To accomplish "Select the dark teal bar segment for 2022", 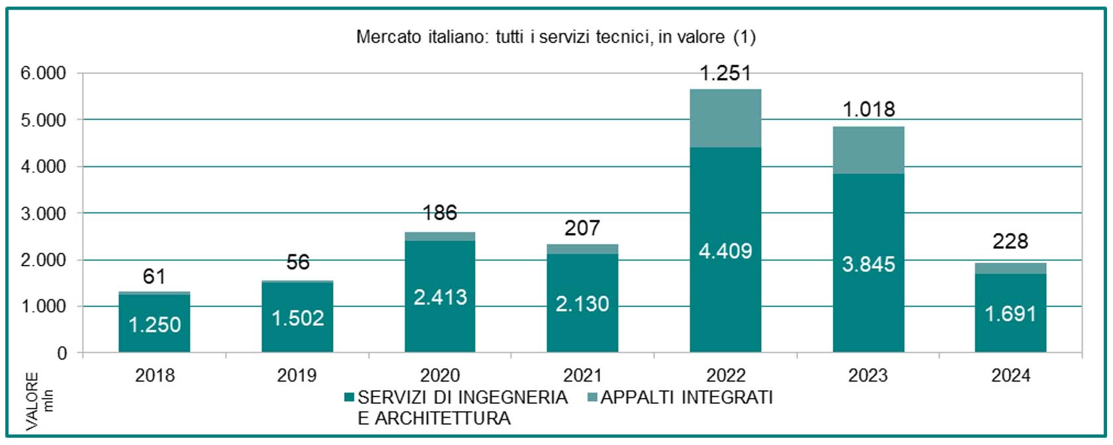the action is (x=725, y=250).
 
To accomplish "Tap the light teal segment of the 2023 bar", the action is (x=869, y=150).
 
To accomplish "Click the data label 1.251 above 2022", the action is (x=725, y=73).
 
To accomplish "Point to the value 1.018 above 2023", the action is (x=869, y=109).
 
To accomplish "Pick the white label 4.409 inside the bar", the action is (x=725, y=251).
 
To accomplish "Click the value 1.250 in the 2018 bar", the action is (x=155, y=325).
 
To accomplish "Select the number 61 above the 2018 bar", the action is (x=154, y=276).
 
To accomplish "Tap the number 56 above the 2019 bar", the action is (x=298, y=262).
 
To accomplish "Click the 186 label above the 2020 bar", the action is (x=440, y=213).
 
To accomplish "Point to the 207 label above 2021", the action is (x=582, y=228).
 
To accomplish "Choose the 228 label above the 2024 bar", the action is (x=1010, y=242).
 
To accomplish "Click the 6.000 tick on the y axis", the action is (x=43, y=73).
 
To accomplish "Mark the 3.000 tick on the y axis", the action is (x=43, y=213).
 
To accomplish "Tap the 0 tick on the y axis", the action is (x=62, y=354).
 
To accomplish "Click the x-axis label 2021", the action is (x=582, y=375).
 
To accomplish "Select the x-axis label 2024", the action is (x=1010, y=375).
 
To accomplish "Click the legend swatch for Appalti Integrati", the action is (x=592, y=397).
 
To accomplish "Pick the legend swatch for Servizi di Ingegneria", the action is (x=349, y=397).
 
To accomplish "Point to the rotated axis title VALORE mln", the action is (x=39, y=401).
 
